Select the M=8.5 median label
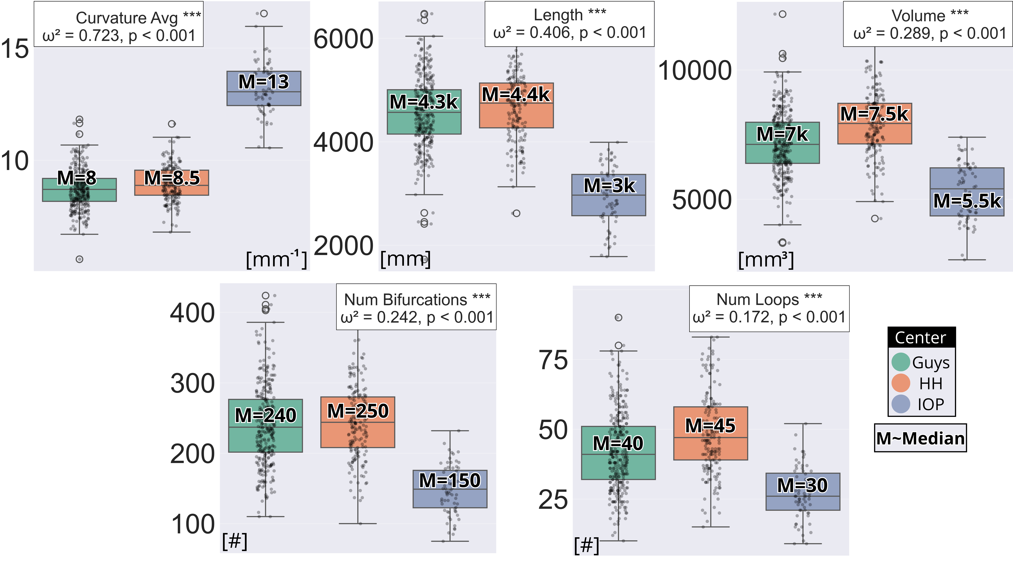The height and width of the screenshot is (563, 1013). click(172, 178)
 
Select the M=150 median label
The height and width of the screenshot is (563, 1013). click(450, 480)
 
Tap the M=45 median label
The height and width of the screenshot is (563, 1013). click(710, 425)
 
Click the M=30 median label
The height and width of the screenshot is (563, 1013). click(803, 485)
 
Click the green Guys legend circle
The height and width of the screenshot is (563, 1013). click(901, 362)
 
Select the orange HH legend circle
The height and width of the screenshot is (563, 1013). click(901, 383)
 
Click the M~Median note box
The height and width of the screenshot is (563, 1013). click(920, 438)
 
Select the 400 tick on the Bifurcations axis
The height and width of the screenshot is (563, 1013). click(192, 313)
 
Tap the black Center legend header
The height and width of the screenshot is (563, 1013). click(921, 337)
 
